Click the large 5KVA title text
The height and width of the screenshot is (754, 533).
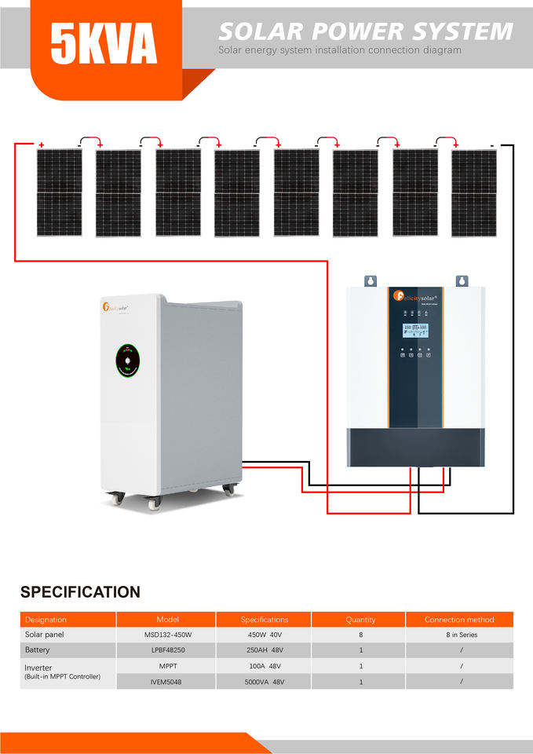coord(104,42)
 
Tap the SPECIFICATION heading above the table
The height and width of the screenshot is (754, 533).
coord(80,592)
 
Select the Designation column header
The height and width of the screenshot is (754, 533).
coord(46,620)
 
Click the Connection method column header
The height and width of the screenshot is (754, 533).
coord(459,620)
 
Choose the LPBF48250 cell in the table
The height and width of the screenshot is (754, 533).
coord(167,650)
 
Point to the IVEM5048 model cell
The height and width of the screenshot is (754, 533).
coord(166,682)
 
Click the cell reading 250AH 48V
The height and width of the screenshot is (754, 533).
coord(264,650)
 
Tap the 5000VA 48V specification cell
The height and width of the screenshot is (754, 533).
coord(264,682)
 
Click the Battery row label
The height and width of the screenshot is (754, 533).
coord(37,650)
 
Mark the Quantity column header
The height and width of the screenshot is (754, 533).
coord(360,620)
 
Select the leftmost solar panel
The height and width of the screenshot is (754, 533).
coord(60,192)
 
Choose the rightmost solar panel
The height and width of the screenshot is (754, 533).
coord(474,192)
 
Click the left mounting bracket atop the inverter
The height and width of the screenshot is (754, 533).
coord(370,280)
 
